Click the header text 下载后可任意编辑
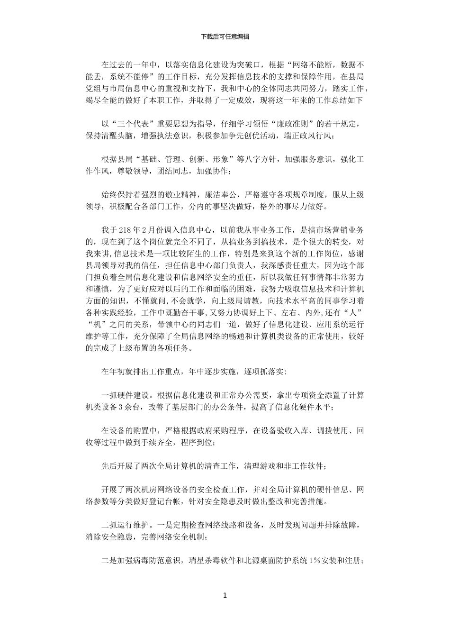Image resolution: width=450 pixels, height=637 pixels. (225, 36)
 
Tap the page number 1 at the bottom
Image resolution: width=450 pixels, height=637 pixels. (225, 595)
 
